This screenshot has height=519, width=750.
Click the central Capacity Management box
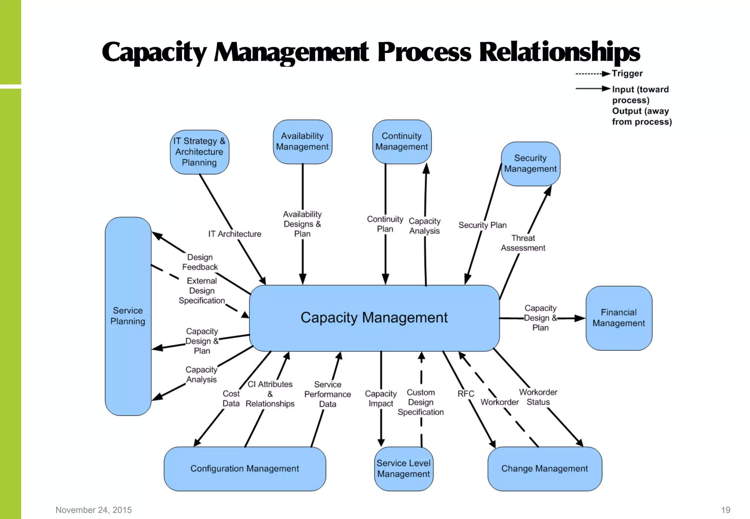(374, 318)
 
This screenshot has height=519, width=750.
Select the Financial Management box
(619, 318)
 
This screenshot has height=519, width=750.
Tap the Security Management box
(530, 164)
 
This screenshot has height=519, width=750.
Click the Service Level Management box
(404, 468)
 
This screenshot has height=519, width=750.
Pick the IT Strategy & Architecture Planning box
(199, 152)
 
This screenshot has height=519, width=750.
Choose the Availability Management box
(302, 142)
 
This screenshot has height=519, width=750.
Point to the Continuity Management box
(402, 142)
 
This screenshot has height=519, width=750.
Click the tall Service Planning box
(128, 316)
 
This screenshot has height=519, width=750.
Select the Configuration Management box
(245, 468)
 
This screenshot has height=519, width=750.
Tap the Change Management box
(545, 468)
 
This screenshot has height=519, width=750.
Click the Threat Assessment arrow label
(523, 243)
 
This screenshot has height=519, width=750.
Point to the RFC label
(466, 394)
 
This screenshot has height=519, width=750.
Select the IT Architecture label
(235, 234)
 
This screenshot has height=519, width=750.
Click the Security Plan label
(483, 225)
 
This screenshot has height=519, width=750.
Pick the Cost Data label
(231, 399)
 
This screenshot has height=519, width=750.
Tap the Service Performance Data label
(327, 394)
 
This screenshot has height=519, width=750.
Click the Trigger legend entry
(627, 74)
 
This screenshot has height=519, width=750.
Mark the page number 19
(725, 510)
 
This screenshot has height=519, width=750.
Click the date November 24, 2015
(94, 510)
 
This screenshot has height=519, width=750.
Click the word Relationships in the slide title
(559, 52)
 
